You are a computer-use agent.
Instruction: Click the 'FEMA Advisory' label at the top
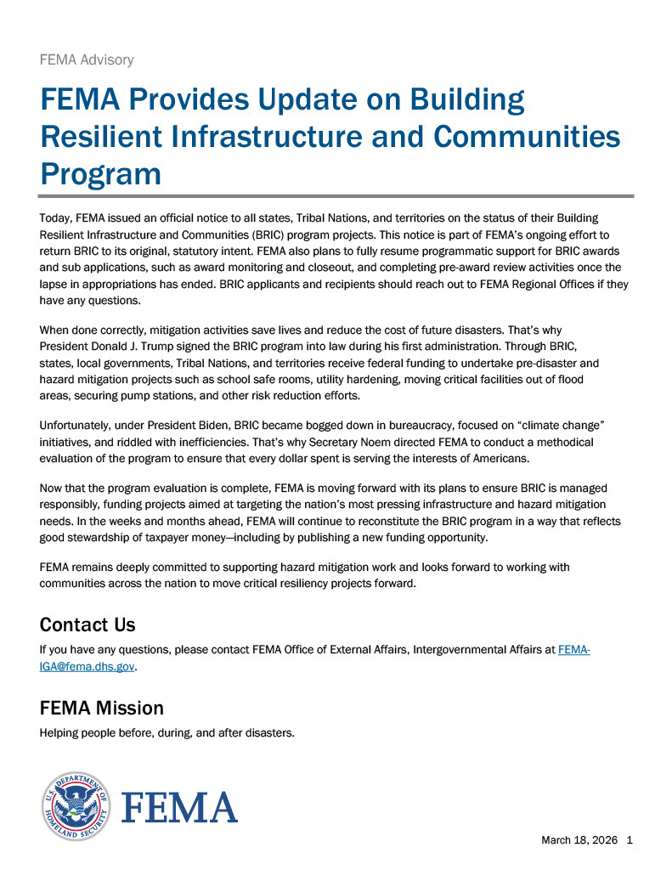87,59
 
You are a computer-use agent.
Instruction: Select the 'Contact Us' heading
88,625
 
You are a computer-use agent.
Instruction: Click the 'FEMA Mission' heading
102,708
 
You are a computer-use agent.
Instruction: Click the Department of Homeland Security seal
75,806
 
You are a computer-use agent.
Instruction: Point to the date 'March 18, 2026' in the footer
578,840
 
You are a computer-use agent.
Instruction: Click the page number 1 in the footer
630,840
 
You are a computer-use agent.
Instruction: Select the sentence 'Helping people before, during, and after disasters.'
167,733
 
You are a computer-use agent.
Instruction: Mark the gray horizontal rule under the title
336,196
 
